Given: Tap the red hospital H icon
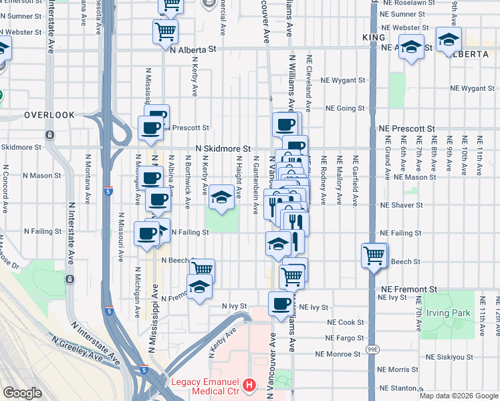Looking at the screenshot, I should click(249, 385).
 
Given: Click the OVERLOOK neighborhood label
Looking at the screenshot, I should click(49, 115).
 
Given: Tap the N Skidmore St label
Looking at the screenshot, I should click(223, 149).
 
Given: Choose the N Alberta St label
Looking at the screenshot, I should click(194, 49).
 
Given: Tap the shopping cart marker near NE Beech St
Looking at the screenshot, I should click(374, 255).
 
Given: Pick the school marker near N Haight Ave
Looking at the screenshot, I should click(221, 196).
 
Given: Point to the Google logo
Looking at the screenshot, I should click(22, 393).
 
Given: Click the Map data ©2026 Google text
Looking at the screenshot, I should click(458, 396).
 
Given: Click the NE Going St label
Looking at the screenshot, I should click(345, 108).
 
